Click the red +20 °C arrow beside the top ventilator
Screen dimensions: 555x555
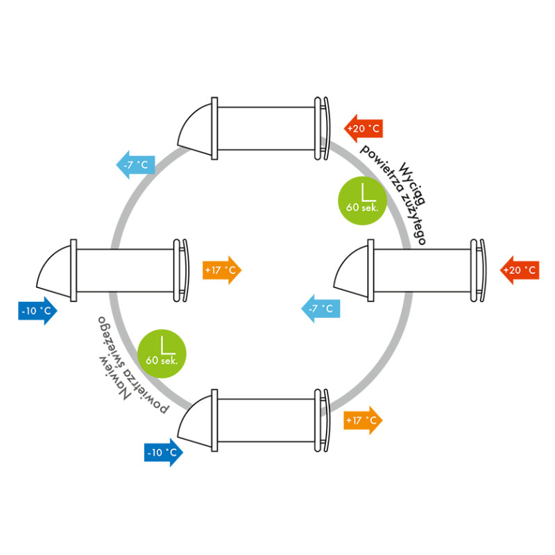click(x=364, y=128)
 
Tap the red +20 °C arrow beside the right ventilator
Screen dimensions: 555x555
click(x=519, y=270)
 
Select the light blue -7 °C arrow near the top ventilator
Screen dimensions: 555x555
click(x=135, y=164)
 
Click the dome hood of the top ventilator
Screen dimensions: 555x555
click(x=196, y=128)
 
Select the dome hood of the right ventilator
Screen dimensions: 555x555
click(x=352, y=271)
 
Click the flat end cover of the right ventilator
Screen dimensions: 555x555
click(x=478, y=269)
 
